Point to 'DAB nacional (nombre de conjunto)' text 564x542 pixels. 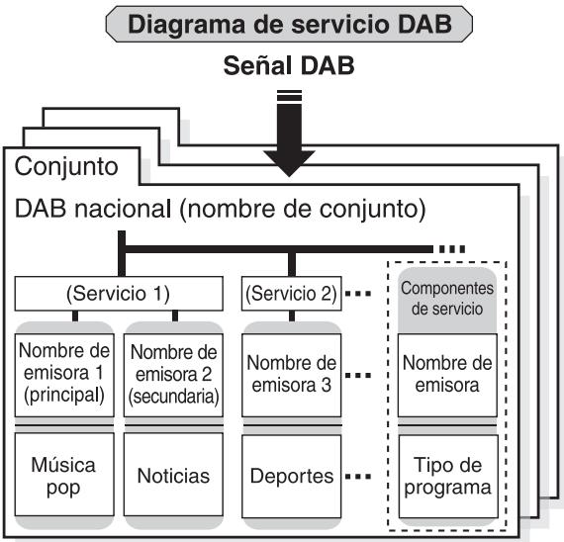pos(220,210)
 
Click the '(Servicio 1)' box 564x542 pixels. pos(118,293)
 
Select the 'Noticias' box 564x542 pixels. pos(172,476)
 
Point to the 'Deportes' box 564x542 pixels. pos(291,476)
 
